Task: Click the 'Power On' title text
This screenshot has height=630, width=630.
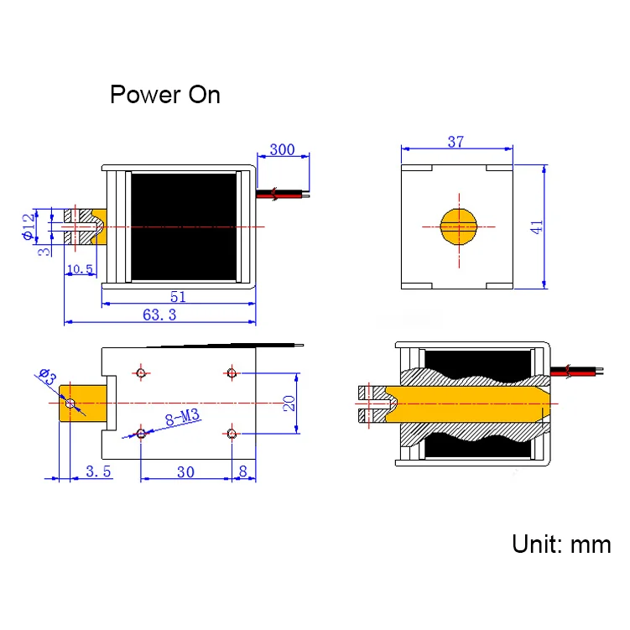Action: tap(165, 94)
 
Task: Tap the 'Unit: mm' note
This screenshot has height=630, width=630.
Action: tap(561, 544)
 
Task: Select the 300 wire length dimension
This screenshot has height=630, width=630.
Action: tap(282, 150)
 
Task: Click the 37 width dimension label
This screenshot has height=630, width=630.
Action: tap(456, 142)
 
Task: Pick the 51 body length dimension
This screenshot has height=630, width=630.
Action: tap(178, 296)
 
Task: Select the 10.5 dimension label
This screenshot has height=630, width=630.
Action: tap(79, 268)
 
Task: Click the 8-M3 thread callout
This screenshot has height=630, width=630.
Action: tap(181, 417)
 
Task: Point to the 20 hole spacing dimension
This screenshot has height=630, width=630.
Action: tap(288, 403)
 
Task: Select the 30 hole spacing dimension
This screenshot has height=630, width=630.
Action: tap(185, 471)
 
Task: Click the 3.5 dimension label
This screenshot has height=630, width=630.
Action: tap(98, 471)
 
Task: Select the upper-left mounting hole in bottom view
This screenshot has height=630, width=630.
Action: tap(141, 372)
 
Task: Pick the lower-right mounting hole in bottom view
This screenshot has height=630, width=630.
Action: tap(232, 433)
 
